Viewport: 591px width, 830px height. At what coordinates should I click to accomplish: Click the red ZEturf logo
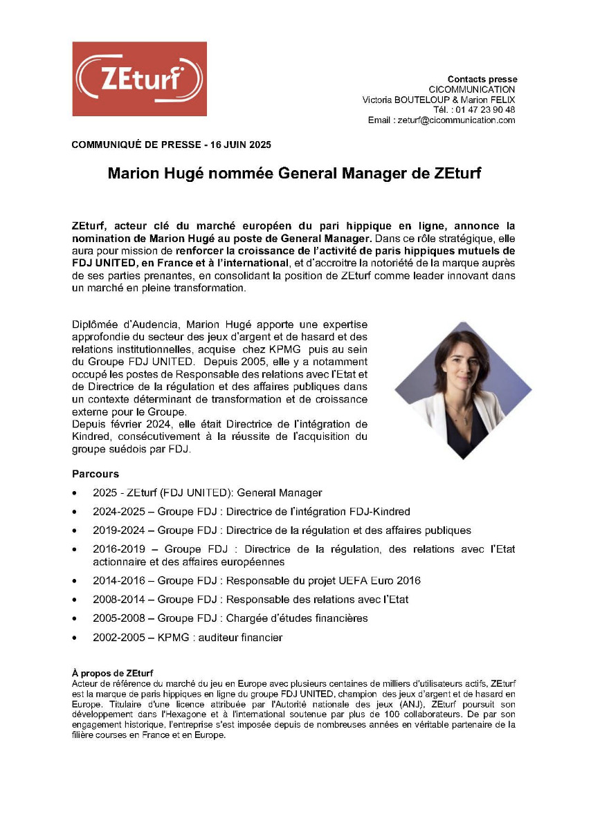click(139, 79)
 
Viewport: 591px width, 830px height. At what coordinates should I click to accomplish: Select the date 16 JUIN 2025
click(240, 145)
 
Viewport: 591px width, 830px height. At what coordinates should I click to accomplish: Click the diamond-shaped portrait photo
click(462, 390)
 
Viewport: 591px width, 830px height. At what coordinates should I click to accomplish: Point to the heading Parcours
click(95, 474)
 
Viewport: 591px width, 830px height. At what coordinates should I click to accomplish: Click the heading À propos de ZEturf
click(112, 673)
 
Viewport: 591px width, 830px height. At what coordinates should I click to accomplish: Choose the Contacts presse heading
click(482, 79)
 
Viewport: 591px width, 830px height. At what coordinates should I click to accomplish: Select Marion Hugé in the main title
click(146, 174)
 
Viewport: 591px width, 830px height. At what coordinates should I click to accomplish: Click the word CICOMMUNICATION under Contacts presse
click(472, 90)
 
